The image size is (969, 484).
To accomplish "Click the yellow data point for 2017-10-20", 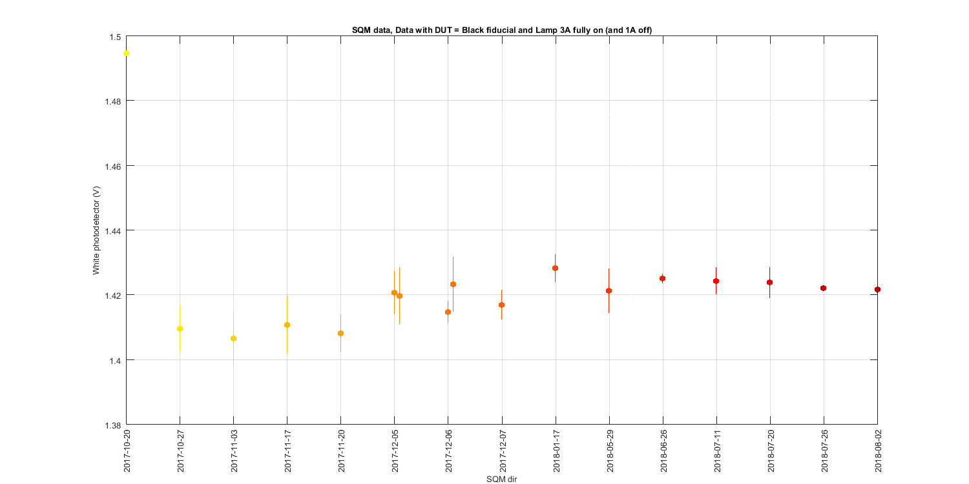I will [x=127, y=53].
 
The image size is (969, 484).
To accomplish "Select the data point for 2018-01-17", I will [x=555, y=268].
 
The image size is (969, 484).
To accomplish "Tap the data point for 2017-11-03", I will [x=234, y=338].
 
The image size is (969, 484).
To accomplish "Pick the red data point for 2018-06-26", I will [x=662, y=278].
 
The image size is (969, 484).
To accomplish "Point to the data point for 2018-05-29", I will [x=609, y=290].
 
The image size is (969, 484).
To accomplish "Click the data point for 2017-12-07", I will [x=501, y=305].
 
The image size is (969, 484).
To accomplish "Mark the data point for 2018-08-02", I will [x=877, y=289].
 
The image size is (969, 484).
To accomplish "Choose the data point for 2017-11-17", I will [x=287, y=325].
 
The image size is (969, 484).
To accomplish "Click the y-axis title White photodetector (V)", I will [x=96, y=230].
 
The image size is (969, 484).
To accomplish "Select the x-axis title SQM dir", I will [x=501, y=479].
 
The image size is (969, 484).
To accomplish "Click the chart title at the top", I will [x=501, y=29].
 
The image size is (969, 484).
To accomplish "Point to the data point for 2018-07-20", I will [x=769, y=282].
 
